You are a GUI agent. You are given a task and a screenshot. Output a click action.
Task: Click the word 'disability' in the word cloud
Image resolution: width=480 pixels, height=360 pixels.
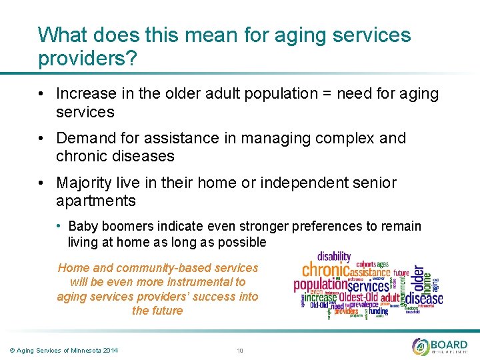coord(333,257)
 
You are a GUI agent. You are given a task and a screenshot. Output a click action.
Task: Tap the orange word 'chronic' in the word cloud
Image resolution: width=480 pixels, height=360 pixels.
coord(326,271)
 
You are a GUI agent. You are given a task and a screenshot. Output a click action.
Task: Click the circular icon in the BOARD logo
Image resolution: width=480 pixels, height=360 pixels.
coord(421,347)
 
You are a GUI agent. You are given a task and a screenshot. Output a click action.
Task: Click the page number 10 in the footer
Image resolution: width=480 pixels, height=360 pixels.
coord(240,351)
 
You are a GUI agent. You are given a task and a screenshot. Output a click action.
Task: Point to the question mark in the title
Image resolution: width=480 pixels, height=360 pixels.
coord(132,58)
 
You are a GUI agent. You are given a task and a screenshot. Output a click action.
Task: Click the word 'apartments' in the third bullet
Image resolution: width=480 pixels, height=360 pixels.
coord(96,201)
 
